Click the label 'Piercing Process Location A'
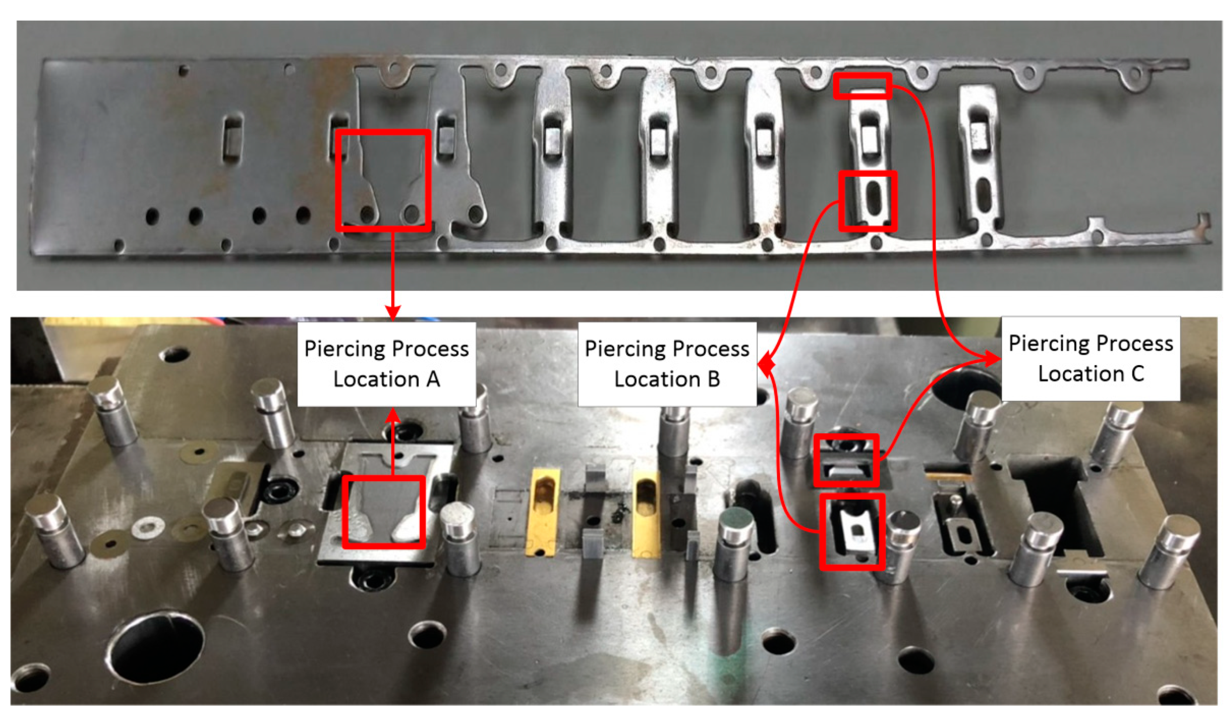(x=386, y=364)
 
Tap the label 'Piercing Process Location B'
(x=667, y=364)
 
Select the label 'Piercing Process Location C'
(x=1091, y=359)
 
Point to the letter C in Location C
(x=1137, y=374)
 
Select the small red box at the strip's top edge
(x=862, y=86)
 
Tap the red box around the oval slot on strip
(x=867, y=201)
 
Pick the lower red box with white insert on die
(x=852, y=532)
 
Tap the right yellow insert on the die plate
(x=645, y=512)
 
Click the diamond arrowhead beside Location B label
(x=766, y=365)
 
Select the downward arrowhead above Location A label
(x=393, y=313)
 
